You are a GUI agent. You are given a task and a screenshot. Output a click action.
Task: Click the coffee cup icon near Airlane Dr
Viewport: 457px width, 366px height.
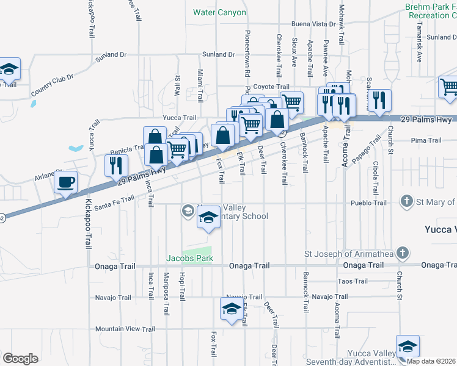click(66, 181)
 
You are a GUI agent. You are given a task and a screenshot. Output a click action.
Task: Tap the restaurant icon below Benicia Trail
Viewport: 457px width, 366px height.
click(115, 165)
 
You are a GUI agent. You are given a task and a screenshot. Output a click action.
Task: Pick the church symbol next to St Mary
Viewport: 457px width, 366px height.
click(406, 201)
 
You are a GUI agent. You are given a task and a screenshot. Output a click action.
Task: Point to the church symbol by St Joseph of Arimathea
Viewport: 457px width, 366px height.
click(401, 253)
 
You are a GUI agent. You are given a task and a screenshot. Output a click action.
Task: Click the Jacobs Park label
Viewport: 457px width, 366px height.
click(190, 259)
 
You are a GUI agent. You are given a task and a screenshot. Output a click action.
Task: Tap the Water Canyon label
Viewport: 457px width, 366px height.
click(219, 12)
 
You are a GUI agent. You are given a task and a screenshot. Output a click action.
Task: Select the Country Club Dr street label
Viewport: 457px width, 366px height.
click(52, 84)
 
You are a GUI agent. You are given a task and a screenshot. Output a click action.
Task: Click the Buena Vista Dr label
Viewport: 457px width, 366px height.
click(313, 24)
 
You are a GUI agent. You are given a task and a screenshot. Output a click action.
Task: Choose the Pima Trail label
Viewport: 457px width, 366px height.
click(426, 140)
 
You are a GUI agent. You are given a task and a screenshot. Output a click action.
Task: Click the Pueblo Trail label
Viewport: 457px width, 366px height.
click(368, 203)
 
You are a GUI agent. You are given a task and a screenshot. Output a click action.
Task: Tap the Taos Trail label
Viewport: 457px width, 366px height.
click(353, 281)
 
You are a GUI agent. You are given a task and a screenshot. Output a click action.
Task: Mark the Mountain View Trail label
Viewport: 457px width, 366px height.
click(125, 329)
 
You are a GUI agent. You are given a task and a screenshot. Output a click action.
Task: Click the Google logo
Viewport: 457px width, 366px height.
click(20, 359)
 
